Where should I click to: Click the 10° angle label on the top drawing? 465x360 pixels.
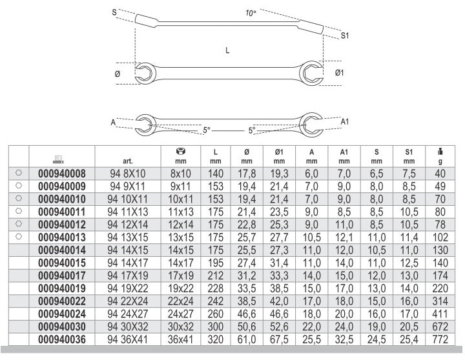point(251,13)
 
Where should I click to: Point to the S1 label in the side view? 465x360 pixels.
point(345,36)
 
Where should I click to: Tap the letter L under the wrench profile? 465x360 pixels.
point(227,50)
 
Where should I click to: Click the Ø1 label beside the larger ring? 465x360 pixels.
point(339,73)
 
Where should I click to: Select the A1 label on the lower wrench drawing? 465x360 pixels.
point(345,121)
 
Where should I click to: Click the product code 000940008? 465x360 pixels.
point(62,174)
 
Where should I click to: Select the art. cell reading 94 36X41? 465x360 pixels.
point(127,339)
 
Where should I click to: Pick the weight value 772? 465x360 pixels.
point(440,339)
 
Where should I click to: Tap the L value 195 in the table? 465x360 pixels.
point(216,263)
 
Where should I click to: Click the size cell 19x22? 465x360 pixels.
point(181,288)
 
